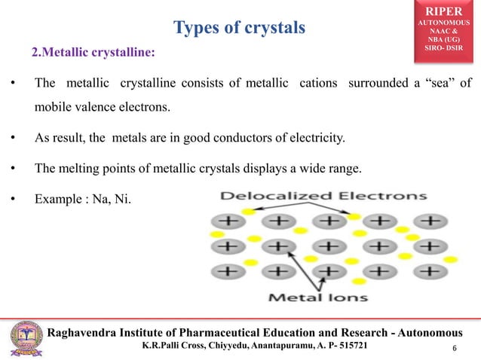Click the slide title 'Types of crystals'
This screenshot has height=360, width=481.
[239, 29]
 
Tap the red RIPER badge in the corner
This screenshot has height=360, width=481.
[449, 29]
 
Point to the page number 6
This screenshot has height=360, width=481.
[455, 347]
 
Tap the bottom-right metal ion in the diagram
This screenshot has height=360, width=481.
[429, 270]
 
